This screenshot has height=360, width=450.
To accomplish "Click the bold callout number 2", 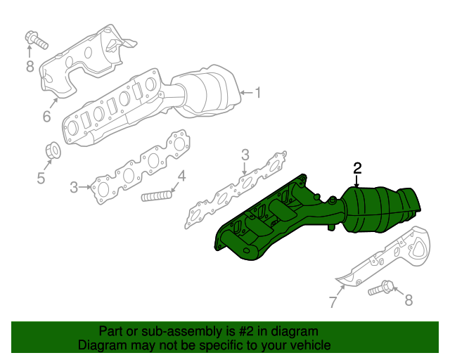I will pyautogui.click(x=357, y=167).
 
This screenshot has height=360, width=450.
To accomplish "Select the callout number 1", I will pyautogui.click(x=257, y=92).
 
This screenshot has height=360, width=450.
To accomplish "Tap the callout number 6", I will pyautogui.click(x=46, y=117).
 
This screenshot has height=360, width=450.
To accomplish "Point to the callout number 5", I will pyautogui.click(x=41, y=178).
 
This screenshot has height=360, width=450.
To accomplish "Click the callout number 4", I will pyautogui.click(x=181, y=176).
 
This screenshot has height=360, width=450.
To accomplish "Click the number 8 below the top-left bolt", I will pyautogui.click(x=30, y=67).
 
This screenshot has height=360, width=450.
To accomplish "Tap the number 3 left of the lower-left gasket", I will pyautogui.click(x=74, y=187).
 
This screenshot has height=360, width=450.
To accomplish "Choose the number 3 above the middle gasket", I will pyautogui.click(x=245, y=155).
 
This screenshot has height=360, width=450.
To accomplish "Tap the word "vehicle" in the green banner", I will pyautogui.click(x=310, y=345).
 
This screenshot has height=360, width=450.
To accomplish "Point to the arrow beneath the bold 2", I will pyautogui.click(x=357, y=181).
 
